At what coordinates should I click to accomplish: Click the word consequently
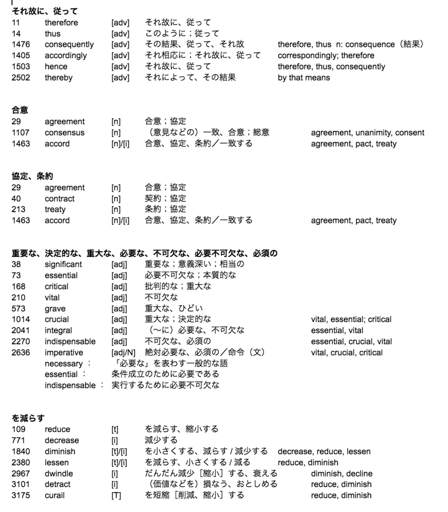coord(69,44)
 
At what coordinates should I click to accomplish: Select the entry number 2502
coord(21,78)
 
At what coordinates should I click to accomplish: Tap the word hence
coord(56,66)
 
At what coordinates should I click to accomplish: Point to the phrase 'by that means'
coord(304,78)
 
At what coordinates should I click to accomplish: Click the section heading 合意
coord(20,110)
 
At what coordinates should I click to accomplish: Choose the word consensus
coord(64,133)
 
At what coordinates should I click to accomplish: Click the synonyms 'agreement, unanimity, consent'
coord(367,133)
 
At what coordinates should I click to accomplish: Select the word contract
coord(59,198)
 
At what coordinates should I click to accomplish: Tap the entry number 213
coord(18,209)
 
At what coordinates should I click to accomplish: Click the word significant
coord(63,264)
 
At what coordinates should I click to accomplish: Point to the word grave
coord(55,308)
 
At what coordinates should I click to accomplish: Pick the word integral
coord(58,330)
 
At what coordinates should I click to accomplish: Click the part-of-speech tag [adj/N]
coord(123,352)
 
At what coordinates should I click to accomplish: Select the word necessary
coord(63,363)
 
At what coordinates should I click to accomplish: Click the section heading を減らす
coord(28,418)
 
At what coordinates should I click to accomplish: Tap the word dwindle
coord(59,473)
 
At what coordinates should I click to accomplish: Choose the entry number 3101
coord(21,484)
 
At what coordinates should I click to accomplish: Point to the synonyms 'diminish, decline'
coord(341,473)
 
